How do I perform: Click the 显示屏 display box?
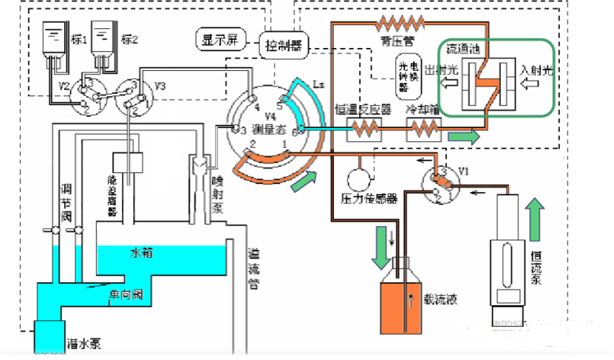(217, 38)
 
